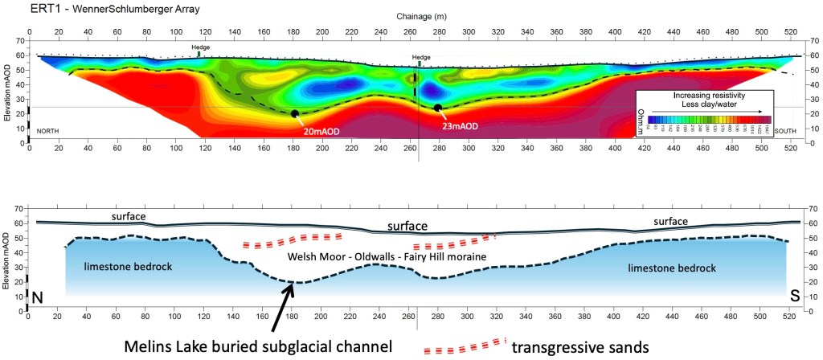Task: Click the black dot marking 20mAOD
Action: click(x=295, y=114)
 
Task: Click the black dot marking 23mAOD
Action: click(x=438, y=108)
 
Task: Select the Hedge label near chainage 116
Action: click(x=202, y=47)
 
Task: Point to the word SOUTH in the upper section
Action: click(x=785, y=129)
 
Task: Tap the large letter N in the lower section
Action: click(x=37, y=297)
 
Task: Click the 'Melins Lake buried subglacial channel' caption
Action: click(x=256, y=347)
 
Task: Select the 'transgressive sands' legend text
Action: click(x=584, y=347)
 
